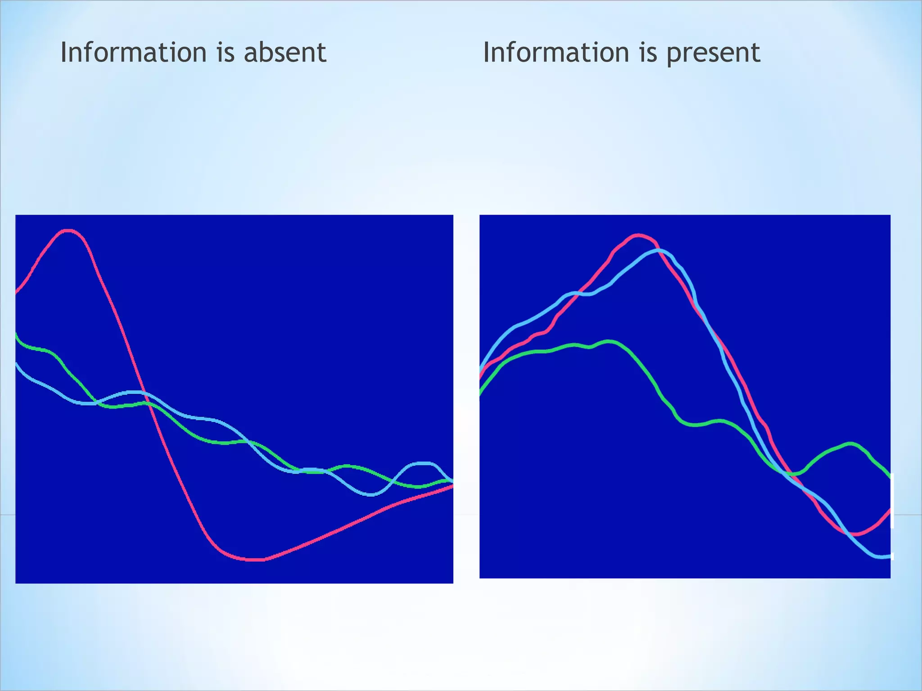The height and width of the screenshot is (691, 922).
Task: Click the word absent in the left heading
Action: pos(285,52)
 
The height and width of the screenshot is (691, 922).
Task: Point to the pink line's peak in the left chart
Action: pos(68,231)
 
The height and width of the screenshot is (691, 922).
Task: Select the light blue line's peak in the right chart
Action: pos(658,250)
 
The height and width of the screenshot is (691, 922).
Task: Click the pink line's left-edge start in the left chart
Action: pos(17,292)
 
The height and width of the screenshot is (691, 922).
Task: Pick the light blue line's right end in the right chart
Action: pos(889,556)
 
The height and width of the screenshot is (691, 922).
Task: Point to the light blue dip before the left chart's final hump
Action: pos(371,495)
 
